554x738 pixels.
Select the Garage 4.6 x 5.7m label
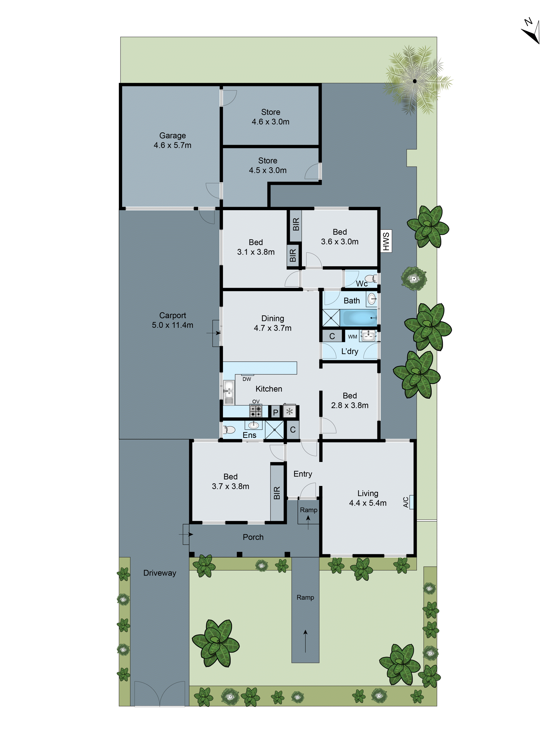tap(172, 140)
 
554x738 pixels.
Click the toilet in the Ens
tap(229, 429)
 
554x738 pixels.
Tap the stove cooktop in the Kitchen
tap(256, 411)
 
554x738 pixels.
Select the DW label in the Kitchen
tap(247, 379)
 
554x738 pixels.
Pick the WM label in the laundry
tap(352, 337)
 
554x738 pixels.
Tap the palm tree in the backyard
tap(414, 81)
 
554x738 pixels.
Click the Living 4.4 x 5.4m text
tap(368, 498)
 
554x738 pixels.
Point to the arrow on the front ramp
tap(305, 641)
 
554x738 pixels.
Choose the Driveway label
tap(160, 573)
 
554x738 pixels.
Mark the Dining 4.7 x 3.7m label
tap(273, 323)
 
